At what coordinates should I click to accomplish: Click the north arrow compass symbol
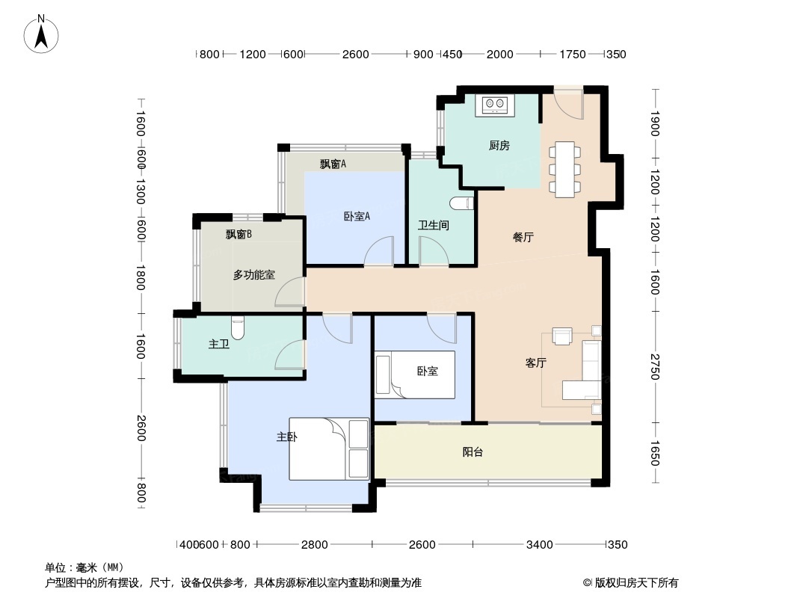(x=42, y=33)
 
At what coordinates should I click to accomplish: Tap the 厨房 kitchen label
(x=499, y=146)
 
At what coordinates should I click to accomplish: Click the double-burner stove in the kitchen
(x=495, y=105)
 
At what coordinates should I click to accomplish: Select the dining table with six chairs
(x=564, y=169)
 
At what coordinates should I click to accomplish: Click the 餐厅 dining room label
(x=523, y=238)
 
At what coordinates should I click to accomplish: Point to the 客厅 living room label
(x=535, y=363)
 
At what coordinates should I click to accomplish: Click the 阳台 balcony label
(x=473, y=451)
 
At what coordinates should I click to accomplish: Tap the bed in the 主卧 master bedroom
(x=329, y=449)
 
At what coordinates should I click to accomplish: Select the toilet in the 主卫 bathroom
(x=238, y=327)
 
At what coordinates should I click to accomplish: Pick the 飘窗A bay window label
(x=333, y=164)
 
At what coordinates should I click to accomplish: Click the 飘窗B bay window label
(x=239, y=234)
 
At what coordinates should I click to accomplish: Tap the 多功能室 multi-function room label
(x=253, y=275)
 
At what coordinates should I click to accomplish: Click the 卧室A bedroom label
(x=357, y=217)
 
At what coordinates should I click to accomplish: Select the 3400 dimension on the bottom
(x=539, y=544)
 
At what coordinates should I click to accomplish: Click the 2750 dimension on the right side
(x=654, y=365)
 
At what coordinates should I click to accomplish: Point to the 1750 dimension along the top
(x=573, y=54)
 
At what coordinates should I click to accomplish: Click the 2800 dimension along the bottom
(x=315, y=544)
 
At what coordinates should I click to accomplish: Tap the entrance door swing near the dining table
(x=570, y=103)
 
